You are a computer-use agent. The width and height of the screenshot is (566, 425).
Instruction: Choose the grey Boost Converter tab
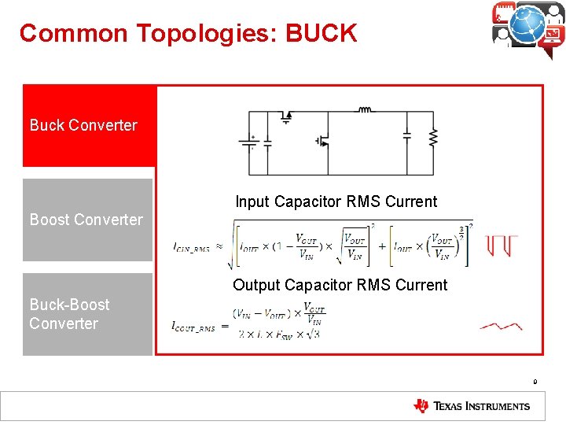coord(86,220)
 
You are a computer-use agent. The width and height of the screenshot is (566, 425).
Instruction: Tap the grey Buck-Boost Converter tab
coord(86,314)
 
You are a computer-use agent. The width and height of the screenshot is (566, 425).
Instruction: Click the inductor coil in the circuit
coord(365,110)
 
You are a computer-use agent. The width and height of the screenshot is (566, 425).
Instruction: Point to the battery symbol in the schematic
coord(252,142)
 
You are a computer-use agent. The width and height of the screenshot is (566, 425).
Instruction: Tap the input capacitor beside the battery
coord(267,142)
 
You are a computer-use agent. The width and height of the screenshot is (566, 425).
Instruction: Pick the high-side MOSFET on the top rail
coord(286,116)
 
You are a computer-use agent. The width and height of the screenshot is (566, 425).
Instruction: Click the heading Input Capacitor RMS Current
coord(336,201)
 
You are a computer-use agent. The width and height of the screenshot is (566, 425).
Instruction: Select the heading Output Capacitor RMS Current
coord(340,285)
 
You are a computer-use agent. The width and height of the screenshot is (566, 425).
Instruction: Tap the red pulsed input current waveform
coord(501,245)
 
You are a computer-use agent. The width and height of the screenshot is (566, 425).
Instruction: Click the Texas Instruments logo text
coord(480,406)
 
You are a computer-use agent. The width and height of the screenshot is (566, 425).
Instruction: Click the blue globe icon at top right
coord(527,24)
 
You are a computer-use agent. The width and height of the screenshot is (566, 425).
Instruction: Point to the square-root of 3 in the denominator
coord(313,334)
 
